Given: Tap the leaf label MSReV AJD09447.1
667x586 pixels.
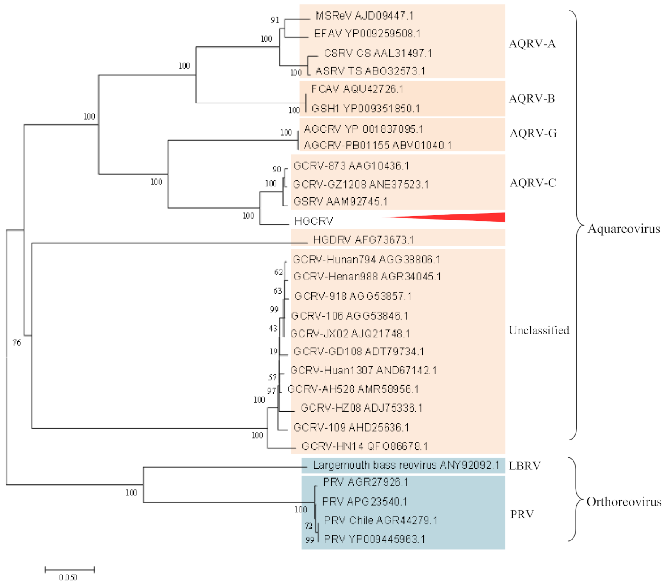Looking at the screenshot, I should coord(364,16).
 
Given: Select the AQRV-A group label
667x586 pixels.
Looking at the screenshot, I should coord(532,44).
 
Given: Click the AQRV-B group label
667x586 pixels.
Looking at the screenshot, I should coord(532,99).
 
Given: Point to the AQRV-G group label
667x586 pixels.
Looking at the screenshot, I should coord(533,134).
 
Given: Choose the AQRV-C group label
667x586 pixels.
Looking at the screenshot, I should coord(533,183).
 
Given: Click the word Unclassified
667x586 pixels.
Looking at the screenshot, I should coord(539,331).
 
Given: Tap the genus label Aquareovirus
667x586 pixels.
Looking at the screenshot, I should coord(624,229).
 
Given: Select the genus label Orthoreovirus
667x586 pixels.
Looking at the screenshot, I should coord(624,502).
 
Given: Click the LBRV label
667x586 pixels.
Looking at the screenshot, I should coord(524,466).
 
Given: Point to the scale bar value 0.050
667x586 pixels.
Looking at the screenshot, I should coord(68,577).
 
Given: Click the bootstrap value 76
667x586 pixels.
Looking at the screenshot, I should coord(17,343).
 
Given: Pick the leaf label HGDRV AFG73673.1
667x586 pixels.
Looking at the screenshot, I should coord(363,240).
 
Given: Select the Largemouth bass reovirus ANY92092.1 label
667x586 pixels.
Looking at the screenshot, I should coord(406,466).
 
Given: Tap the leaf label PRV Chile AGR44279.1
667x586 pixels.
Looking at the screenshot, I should coord(380,520).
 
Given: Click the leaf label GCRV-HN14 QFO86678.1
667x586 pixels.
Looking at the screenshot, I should coord(365,446).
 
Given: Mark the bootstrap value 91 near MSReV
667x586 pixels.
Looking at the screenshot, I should coord(275,20).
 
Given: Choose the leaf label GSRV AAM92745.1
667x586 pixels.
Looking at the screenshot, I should coord(340,201).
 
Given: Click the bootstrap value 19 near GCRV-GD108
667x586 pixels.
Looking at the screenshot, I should coord(273,352).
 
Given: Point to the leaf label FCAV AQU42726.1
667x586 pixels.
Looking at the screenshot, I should coord(357,89).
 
